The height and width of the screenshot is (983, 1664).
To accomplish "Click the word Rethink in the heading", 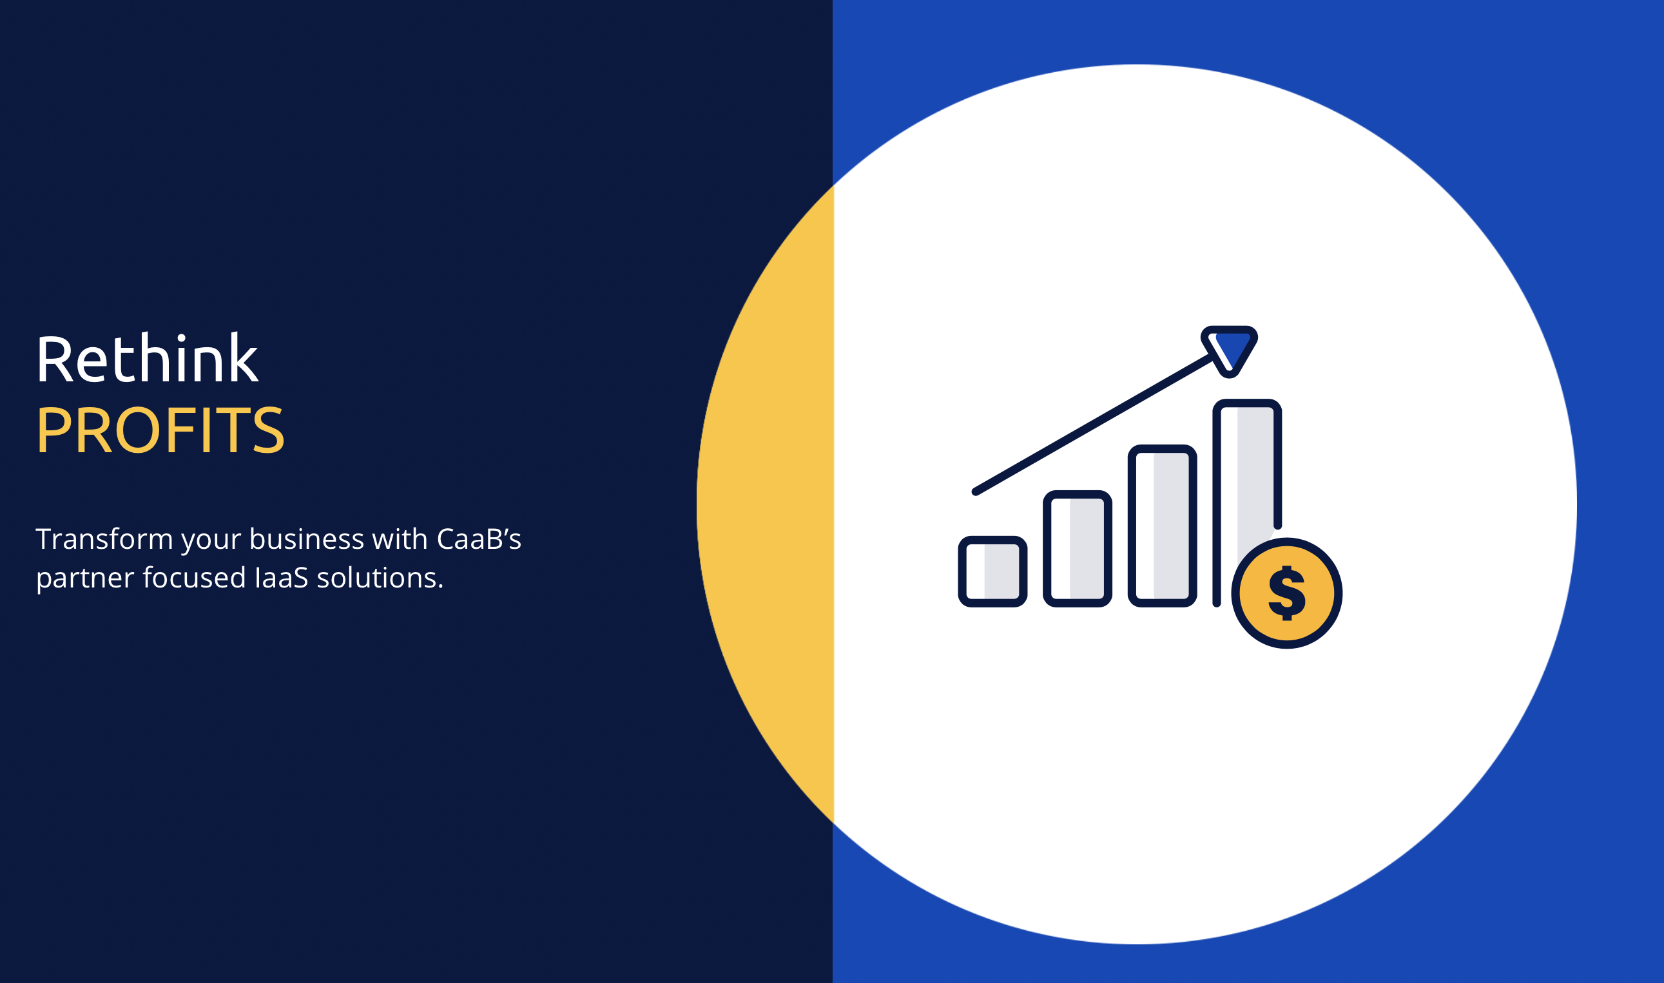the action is point(147,358).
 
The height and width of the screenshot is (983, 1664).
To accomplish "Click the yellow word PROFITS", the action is point(160,430).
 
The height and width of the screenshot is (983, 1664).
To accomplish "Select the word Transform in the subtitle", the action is point(104,539).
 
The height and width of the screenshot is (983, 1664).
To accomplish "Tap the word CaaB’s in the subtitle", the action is point(478,539).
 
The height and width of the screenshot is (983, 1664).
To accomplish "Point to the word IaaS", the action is point(281,578).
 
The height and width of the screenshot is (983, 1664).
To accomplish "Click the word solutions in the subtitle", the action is point(380,578).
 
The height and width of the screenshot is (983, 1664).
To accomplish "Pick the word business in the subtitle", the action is point(306,539).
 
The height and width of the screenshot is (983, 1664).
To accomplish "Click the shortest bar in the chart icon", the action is point(992,571).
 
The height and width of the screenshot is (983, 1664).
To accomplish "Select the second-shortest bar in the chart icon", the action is point(1077,548).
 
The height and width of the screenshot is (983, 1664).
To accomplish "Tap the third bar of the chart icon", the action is point(1162,525).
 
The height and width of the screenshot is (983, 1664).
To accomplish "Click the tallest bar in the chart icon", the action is point(1246,484).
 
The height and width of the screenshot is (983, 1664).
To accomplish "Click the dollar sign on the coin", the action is point(1286,593).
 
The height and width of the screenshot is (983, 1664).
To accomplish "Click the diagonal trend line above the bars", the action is point(1093,425).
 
